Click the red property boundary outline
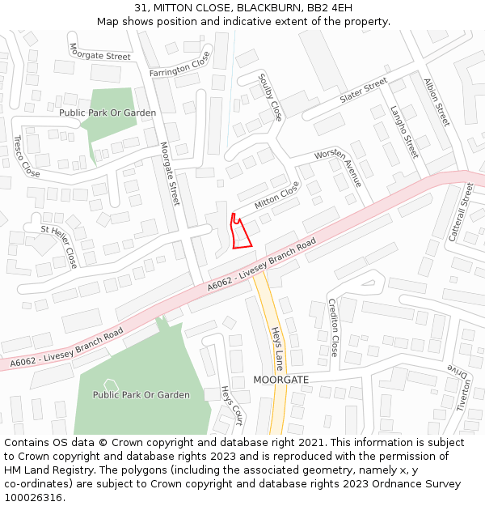click(x=240, y=233)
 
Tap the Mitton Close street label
click(x=276, y=197)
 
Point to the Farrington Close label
click(x=179, y=64)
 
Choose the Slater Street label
click(x=364, y=91)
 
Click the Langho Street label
click(x=404, y=130)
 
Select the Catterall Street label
click(x=461, y=211)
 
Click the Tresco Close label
click(x=26, y=156)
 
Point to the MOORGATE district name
click(x=280, y=379)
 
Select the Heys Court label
click(x=232, y=405)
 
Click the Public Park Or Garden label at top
click(x=108, y=113)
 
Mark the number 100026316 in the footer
click(x=33, y=497)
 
